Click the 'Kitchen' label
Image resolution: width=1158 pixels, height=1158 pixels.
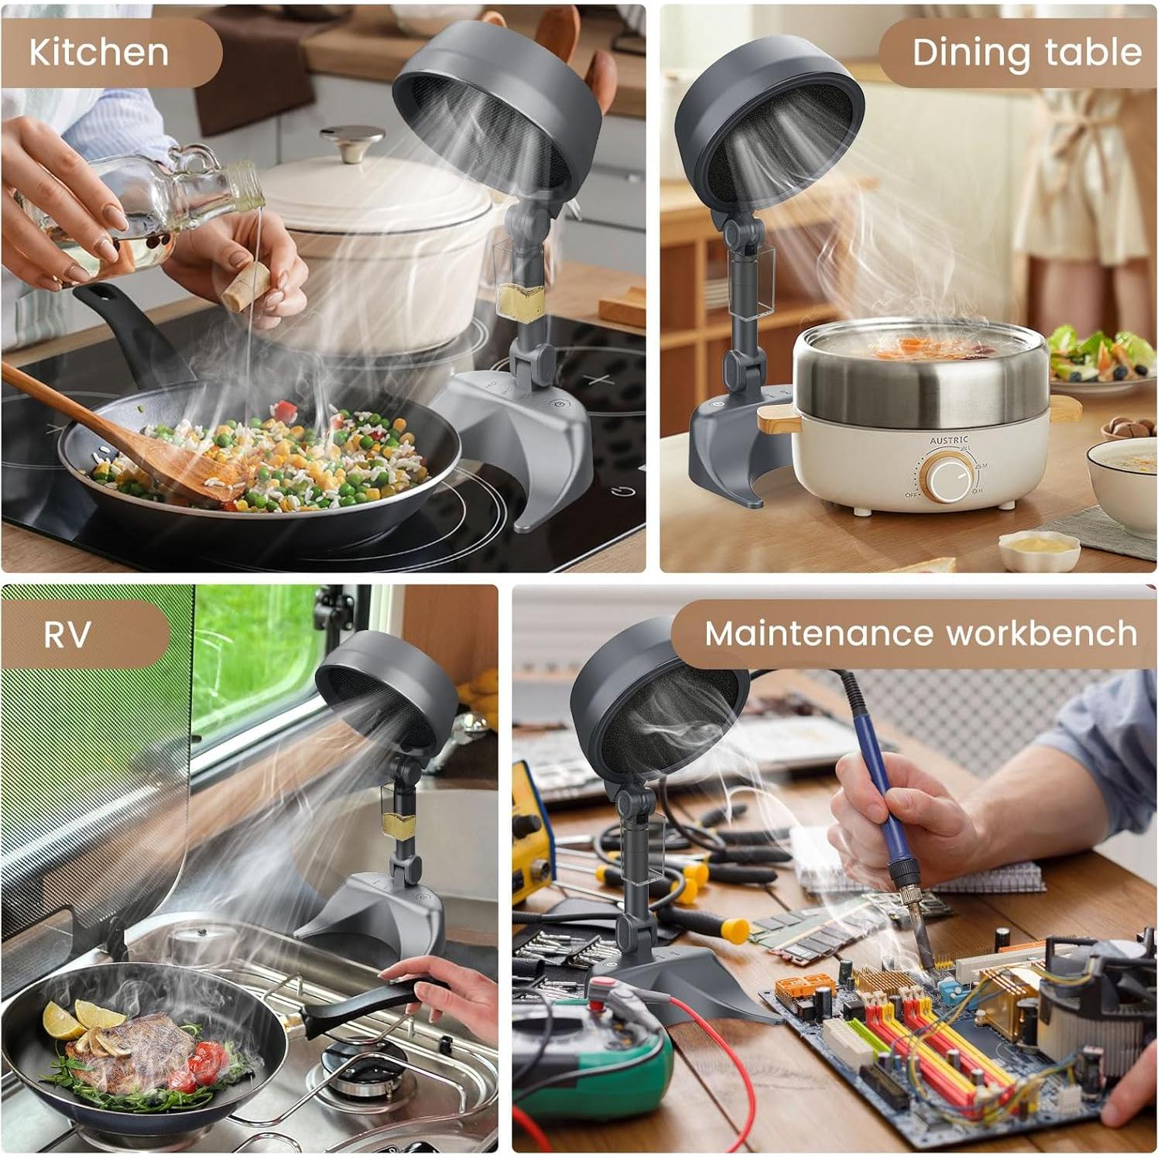(99, 52)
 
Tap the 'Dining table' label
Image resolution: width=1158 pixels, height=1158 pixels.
(1026, 52)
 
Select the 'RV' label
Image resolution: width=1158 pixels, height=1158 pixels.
(67, 634)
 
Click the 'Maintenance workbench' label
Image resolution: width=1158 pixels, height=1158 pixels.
(920, 633)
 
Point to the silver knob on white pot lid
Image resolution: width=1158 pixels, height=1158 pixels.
(352, 143)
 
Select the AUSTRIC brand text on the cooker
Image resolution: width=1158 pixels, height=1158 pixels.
(948, 440)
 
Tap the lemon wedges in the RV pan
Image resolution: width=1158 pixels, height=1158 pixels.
(74, 1018)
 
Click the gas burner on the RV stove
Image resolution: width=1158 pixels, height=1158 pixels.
(364, 1068)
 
